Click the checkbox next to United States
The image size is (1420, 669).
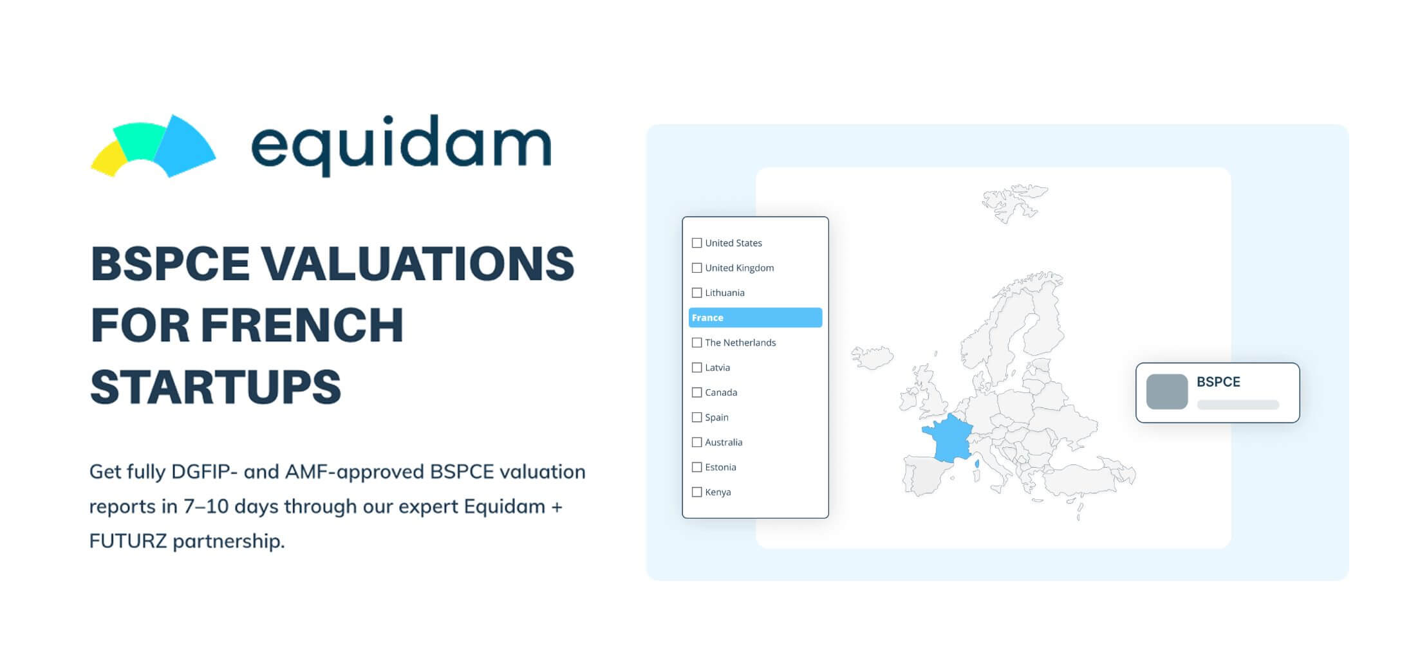[x=696, y=243]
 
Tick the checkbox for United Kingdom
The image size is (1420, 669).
[x=696, y=268]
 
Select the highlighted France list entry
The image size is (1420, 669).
[x=755, y=318]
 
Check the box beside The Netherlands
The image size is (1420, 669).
[x=696, y=343]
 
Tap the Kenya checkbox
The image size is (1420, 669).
[x=696, y=492]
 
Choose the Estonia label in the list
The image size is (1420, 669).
[x=720, y=468]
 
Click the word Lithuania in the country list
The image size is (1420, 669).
[x=725, y=293]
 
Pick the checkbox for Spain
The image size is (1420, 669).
[x=696, y=417]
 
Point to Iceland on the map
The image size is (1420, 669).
[x=872, y=357]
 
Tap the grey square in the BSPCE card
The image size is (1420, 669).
[x=1167, y=392]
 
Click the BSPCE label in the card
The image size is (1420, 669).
[x=1218, y=382]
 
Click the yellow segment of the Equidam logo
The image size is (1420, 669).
[x=109, y=159]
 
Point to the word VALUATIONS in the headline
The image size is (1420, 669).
[x=417, y=264]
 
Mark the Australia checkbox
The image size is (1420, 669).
[x=696, y=443]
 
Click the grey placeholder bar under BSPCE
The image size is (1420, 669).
[x=1238, y=405]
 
